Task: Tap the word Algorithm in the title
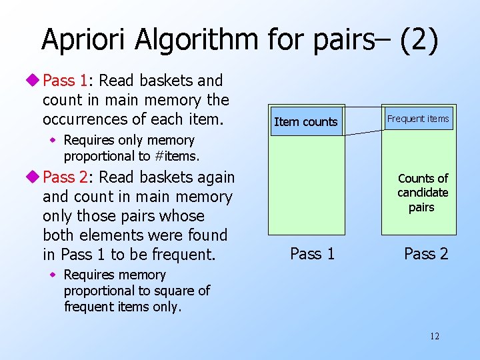click(195, 39)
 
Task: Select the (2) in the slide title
click(419, 39)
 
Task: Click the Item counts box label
click(306, 122)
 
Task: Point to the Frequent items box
click(419, 119)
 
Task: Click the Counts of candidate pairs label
click(423, 193)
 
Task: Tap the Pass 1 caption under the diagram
click(312, 253)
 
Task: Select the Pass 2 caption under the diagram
click(426, 253)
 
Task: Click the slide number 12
click(435, 336)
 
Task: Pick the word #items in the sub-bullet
click(178, 156)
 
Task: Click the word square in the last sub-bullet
click(175, 291)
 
